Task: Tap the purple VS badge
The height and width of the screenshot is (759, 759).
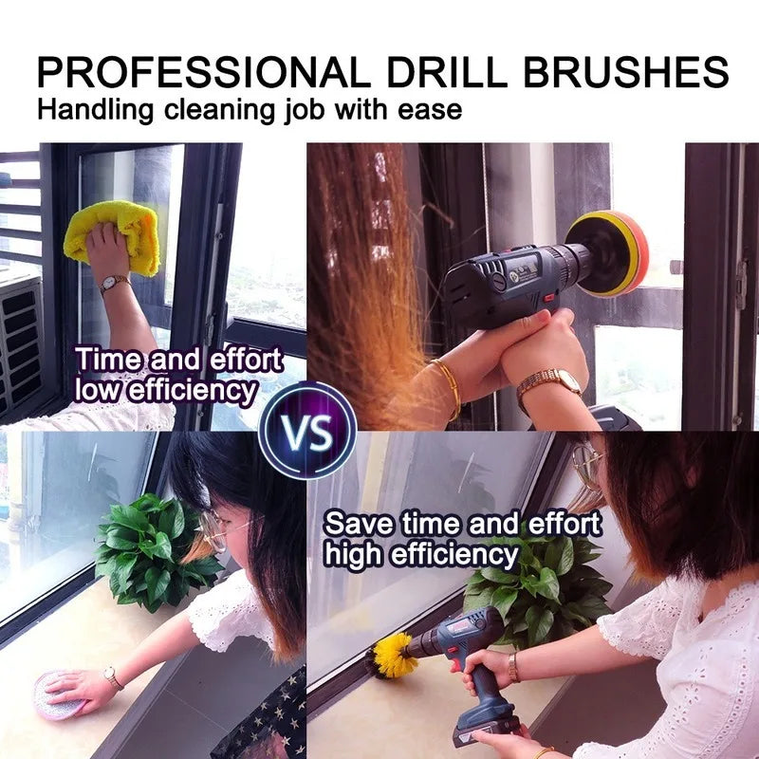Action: pyautogui.click(x=306, y=431)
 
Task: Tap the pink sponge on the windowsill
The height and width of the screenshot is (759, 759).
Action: pyautogui.click(x=59, y=694)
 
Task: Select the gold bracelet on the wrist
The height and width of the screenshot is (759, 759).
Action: pyautogui.click(x=448, y=384)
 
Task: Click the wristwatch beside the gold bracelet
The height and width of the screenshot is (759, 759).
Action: pyautogui.click(x=550, y=382)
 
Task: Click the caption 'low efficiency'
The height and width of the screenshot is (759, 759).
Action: pyautogui.click(x=165, y=390)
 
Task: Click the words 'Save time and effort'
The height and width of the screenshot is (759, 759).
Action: pyautogui.click(x=462, y=524)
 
